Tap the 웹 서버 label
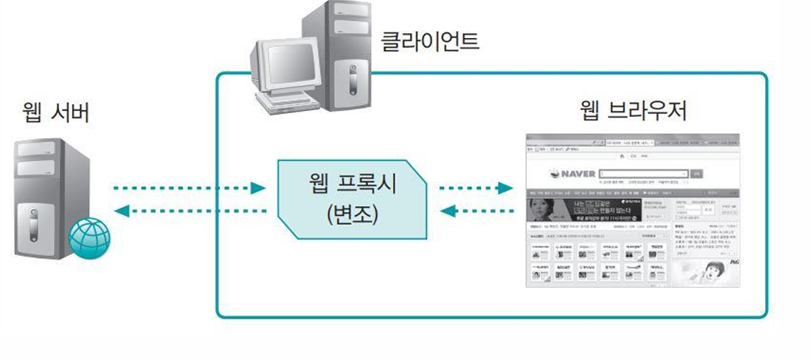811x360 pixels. point(56,113)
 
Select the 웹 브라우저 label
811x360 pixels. point(634,110)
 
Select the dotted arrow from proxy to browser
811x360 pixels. point(476,188)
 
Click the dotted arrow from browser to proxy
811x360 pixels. point(476,212)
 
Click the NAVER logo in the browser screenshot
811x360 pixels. point(577,173)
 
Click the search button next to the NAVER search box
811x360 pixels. point(697,173)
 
